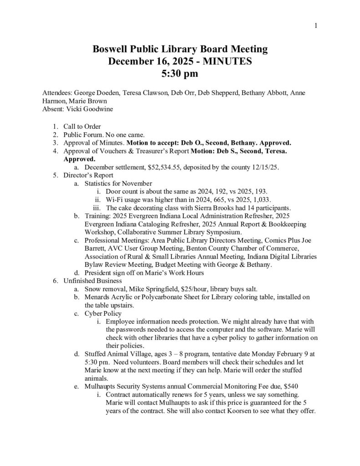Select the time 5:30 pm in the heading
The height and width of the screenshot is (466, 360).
coord(180,72)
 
